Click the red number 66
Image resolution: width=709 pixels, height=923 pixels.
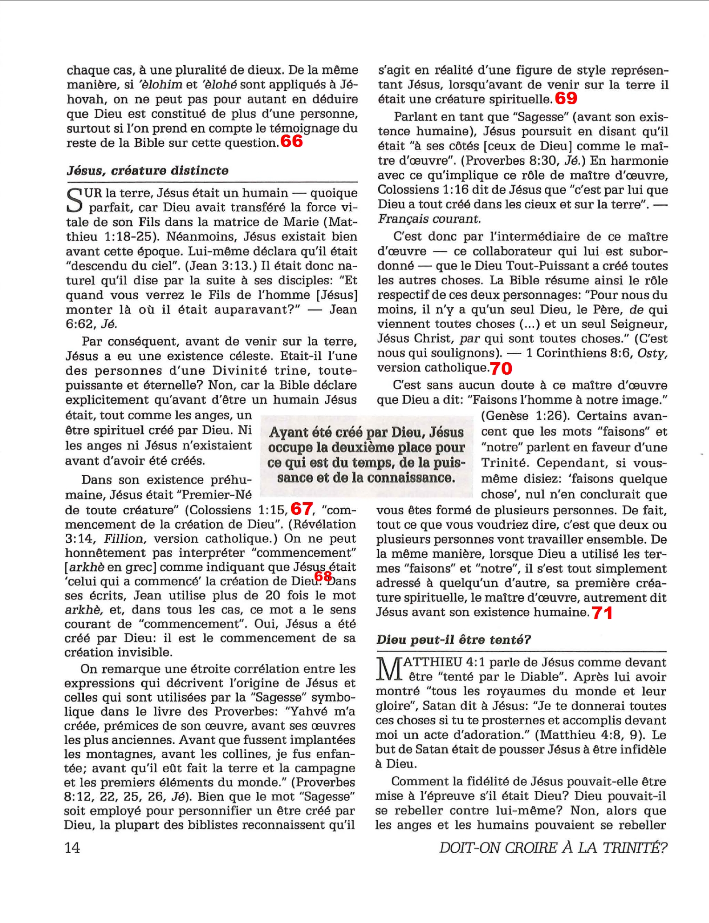coord(292,141)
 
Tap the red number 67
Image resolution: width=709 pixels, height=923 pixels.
coord(301,509)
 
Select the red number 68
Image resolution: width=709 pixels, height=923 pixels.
coord(323,576)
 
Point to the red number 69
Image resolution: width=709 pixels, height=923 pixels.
coord(566,98)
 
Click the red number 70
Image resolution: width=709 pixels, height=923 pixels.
coord(501,369)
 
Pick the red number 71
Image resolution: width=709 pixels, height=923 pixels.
coord(602,613)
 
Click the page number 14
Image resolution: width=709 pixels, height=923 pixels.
coord(72,848)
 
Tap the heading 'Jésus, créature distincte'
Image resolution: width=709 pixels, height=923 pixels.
coord(147,170)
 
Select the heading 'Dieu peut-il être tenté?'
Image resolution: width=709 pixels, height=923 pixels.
coord(454,640)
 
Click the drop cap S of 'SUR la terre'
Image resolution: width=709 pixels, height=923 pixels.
coord(75,200)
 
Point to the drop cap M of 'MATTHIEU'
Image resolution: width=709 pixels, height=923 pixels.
coord(388,669)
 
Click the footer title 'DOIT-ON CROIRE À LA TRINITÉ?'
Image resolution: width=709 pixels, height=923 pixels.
coord(553,848)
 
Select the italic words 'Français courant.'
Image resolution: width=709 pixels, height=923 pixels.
coord(428,219)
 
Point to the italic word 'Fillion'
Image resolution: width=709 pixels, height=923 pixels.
coord(124,539)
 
